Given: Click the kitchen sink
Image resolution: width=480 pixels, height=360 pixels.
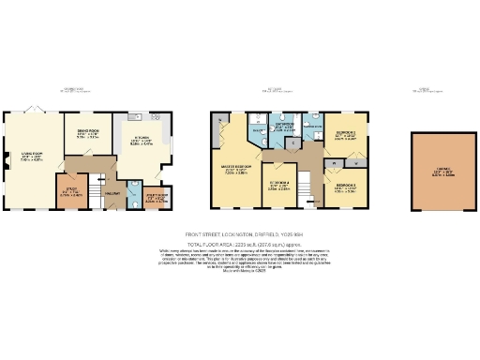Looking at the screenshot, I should click(168, 141).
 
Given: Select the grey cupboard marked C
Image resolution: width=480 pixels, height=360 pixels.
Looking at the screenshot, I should click(293, 142).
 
